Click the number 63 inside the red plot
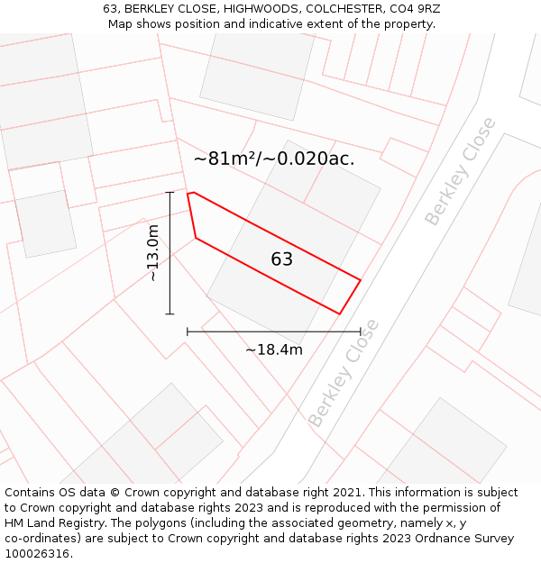(x=281, y=259)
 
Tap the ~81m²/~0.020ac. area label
(x=274, y=159)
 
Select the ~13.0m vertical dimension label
(x=153, y=253)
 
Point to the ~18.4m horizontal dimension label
(x=274, y=350)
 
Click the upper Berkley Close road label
(x=460, y=171)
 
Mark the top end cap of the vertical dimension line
(x=170, y=192)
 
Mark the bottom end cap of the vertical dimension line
(x=170, y=313)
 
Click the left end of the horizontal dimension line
(x=188, y=331)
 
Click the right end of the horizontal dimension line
(x=360, y=331)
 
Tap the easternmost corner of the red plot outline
(x=361, y=280)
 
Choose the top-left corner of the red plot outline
(x=188, y=194)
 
